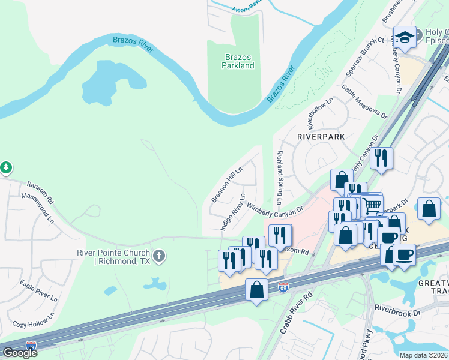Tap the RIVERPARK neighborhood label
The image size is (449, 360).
coord(321,137)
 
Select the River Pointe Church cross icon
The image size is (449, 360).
coord(159,256)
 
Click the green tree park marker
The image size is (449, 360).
coord(5,167)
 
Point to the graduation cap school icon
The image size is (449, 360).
coord(405,37)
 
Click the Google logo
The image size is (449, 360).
coord(20,353)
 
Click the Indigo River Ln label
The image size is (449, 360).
coord(233,212)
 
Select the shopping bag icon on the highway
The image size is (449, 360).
coord(257,290)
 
